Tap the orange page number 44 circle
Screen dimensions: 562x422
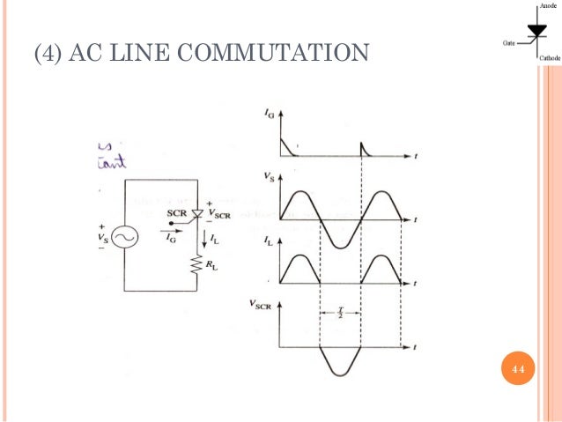click(518, 367)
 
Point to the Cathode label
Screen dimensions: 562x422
click(549, 58)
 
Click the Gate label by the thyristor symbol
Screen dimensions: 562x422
click(508, 41)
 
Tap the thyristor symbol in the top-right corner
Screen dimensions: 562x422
click(536, 33)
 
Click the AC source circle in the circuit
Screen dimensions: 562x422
click(124, 237)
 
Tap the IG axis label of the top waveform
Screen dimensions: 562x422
click(268, 114)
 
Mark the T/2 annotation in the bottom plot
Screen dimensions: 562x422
click(341, 313)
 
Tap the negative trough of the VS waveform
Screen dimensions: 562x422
click(341, 243)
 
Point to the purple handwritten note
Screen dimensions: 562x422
click(111, 154)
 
